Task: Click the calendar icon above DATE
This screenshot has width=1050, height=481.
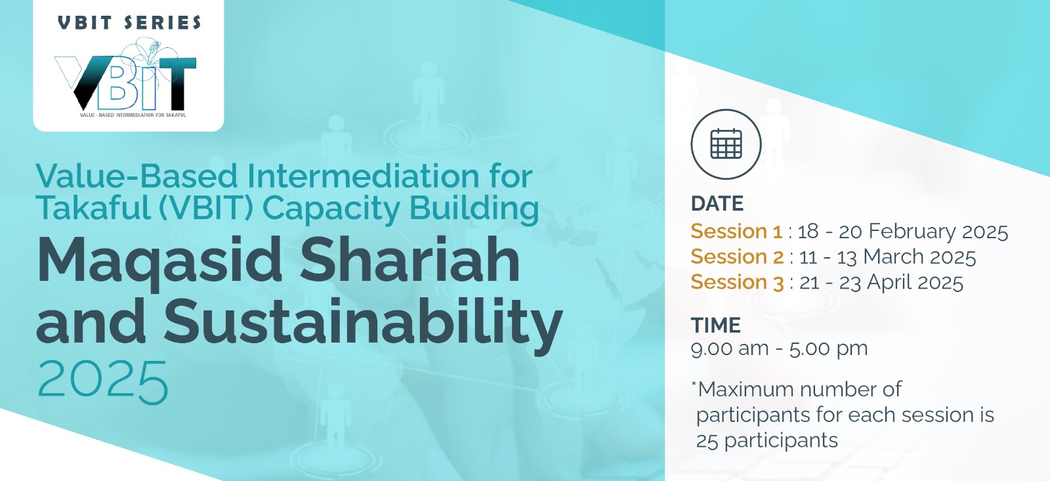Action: pos(726,144)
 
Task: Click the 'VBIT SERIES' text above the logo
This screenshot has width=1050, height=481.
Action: pos(129,22)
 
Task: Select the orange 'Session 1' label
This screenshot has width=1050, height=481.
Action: pos(736,231)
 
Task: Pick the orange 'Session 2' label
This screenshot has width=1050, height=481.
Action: pos(737,257)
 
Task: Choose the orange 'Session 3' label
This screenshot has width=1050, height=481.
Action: pos(737,282)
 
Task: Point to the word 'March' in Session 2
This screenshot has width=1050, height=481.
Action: pos(893,257)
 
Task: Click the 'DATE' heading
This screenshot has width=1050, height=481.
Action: pos(717,203)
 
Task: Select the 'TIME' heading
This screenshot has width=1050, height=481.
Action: pos(716,325)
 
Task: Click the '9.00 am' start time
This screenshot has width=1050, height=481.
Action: pos(729,348)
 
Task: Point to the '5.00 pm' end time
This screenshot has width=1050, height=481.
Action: pos(828,349)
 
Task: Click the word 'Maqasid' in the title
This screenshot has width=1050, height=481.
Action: pos(159,261)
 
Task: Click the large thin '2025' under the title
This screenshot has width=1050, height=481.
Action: pos(102,382)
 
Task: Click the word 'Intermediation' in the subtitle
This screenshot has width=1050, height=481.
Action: pos(363,177)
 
